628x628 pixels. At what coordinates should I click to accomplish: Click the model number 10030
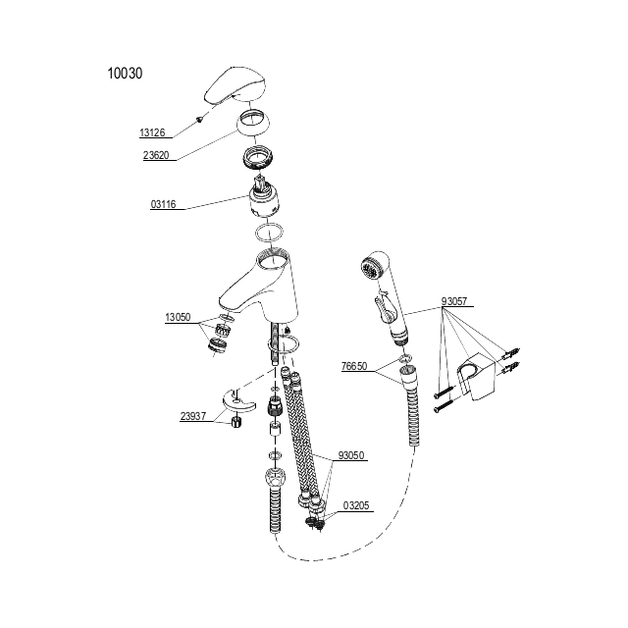(x=125, y=74)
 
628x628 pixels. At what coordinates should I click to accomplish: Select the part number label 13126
(x=152, y=132)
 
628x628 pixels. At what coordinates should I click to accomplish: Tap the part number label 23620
(x=156, y=155)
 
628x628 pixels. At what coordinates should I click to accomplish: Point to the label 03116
(x=164, y=204)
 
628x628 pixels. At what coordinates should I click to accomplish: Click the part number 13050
(x=178, y=318)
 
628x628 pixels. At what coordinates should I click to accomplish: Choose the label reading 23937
(x=193, y=416)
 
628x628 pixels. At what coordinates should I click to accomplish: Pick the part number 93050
(x=351, y=455)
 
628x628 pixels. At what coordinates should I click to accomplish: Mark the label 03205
(x=356, y=505)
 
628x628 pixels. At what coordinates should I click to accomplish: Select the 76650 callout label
(x=354, y=366)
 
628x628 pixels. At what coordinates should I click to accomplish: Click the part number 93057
(x=454, y=301)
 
